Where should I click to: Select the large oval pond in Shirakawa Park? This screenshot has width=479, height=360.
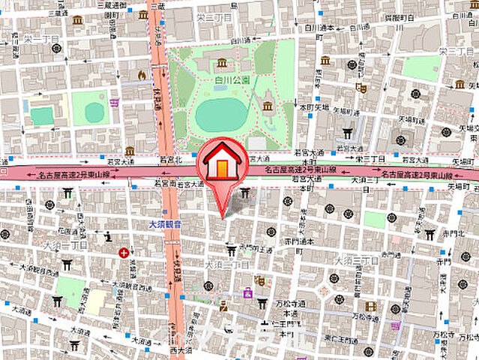pyautogui.click(x=222, y=115)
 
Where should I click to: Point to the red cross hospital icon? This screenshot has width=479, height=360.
pyautogui.click(x=123, y=253)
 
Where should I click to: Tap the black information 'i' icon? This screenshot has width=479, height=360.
pyautogui.click(x=108, y=237)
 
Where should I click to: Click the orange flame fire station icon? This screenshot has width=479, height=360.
pyautogui.click(x=142, y=75)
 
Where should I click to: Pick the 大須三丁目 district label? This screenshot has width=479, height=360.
pyautogui.click(x=352, y=260)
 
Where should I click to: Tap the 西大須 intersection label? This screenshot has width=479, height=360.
pyautogui.click(x=181, y=349)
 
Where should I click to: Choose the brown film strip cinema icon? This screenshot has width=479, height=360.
pyautogui.click(x=371, y=306)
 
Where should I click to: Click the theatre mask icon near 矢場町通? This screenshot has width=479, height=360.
pyautogui.click(x=361, y=88)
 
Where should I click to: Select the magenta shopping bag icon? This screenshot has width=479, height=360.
pyautogui.click(x=247, y=293)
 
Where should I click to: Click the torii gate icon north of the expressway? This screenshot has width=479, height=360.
pyautogui.click(x=347, y=134)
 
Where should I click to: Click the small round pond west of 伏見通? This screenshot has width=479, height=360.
pyautogui.click(x=94, y=112)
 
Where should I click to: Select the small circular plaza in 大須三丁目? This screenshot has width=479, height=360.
pyautogui.click(x=325, y=289)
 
